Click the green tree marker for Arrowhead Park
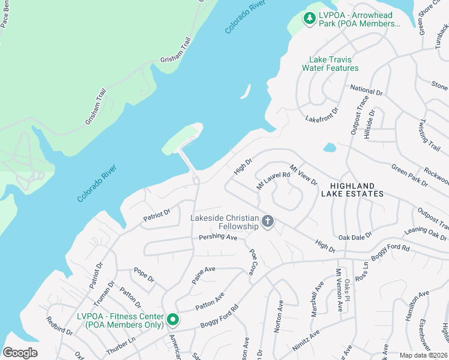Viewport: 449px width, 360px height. coord(310,19)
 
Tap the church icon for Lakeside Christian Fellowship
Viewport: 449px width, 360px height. coord(268,222)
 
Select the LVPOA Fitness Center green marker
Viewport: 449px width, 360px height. coord(172,320)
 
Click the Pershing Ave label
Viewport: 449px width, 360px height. coord(218,237)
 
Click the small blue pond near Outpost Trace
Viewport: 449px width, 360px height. coord(330,148)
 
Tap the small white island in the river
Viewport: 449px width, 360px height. coord(245,91)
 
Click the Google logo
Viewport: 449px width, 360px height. coord(20,352)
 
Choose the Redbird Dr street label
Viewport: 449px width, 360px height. coord(59,324)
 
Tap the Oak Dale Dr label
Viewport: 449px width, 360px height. coord(355,236)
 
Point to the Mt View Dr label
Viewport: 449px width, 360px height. coord(303,175)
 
